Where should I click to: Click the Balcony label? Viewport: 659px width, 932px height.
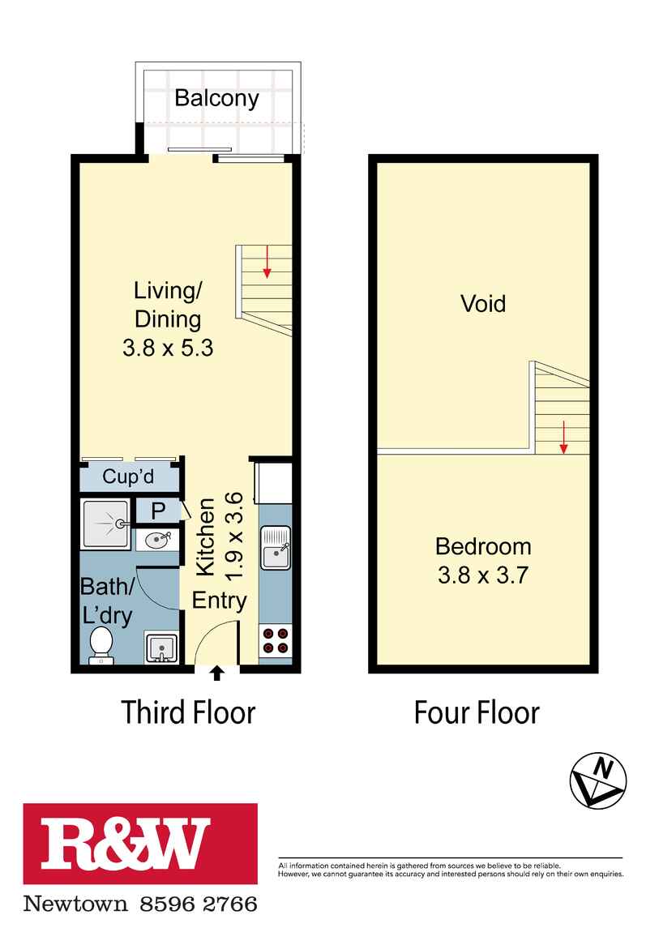point(216,99)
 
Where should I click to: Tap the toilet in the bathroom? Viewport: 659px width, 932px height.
point(101,643)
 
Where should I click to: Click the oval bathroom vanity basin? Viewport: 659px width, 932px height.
point(156,539)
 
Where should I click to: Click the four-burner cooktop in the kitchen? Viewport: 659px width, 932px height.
point(275,640)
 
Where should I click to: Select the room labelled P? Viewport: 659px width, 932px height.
point(158,511)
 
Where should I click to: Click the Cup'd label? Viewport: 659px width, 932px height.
point(128,477)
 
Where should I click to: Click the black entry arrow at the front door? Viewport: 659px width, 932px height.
point(216,672)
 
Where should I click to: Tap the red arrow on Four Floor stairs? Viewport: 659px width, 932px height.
point(563,438)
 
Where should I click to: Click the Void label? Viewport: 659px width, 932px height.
point(483,304)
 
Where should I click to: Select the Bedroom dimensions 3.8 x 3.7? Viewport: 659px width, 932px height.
point(483,575)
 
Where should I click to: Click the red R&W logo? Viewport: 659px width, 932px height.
point(140,844)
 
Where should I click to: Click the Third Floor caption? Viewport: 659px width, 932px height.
point(188,712)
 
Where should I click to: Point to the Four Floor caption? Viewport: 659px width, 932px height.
point(477,712)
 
